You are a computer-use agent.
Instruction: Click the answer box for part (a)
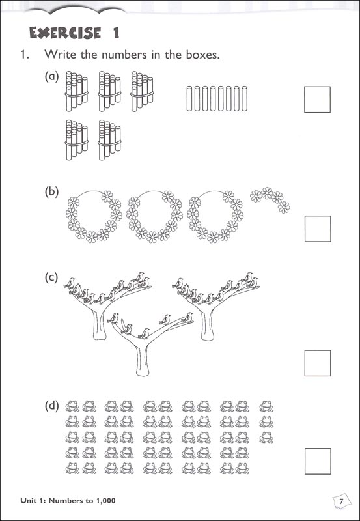tap(317, 100)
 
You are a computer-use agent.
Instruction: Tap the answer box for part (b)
tap(318, 229)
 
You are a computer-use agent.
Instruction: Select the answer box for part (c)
tap(318, 363)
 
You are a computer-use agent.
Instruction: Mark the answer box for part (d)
tap(318, 461)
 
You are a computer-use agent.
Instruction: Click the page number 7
tap(340, 500)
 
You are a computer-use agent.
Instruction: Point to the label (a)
tap(51, 77)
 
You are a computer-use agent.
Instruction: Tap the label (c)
tap(51, 278)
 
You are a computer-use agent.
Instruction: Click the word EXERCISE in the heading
tap(65, 33)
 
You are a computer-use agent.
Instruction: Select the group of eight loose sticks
tap(217, 98)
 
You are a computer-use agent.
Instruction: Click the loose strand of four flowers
tap(270, 199)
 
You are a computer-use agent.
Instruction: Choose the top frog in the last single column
tap(266, 406)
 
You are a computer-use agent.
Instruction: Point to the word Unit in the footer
tap(27, 500)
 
